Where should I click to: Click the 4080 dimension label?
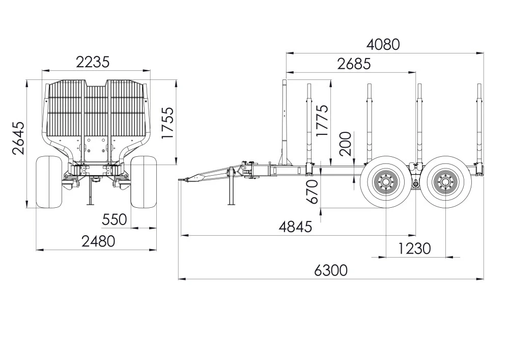(383, 44)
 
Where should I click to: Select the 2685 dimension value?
(354, 64)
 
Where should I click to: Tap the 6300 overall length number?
(331, 270)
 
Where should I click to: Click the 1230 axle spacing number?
(414, 248)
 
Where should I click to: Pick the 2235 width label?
(93, 62)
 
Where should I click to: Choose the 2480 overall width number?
(98, 241)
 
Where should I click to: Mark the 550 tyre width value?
(114, 219)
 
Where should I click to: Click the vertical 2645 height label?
(18, 138)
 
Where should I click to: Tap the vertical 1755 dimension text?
(168, 123)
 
